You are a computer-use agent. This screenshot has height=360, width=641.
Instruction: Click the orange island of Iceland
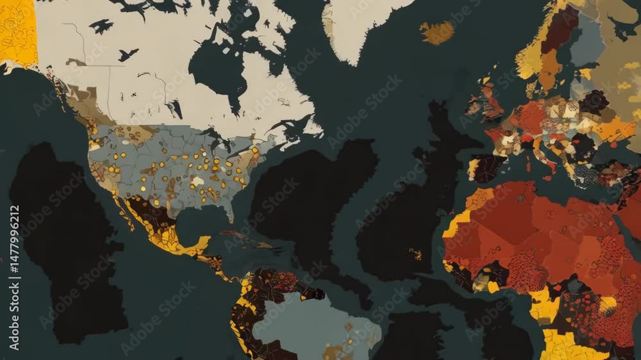[437, 32]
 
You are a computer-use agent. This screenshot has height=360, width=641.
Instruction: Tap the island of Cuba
[250, 240]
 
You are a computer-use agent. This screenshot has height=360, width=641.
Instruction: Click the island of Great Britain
[491, 102]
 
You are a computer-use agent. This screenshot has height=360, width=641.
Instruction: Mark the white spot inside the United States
[198, 181]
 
